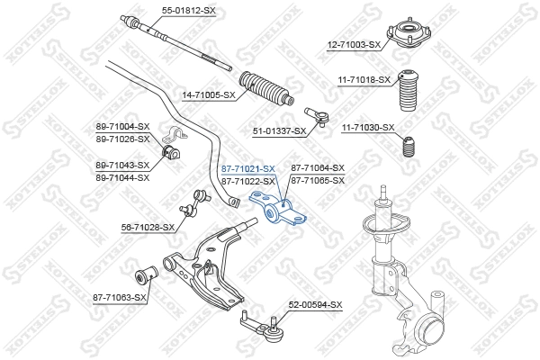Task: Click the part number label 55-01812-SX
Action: click(165, 11)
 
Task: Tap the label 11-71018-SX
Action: click(364, 80)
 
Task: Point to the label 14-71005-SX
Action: click(209, 94)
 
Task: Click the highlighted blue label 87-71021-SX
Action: click(247, 168)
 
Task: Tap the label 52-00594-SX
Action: click(315, 306)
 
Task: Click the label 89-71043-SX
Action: click(122, 166)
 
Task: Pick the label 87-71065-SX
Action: click(318, 180)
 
